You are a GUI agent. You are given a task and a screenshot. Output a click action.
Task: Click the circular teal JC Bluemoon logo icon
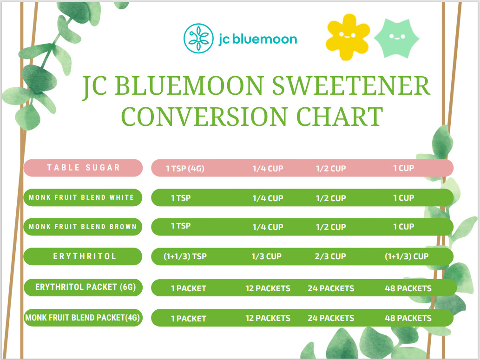198,39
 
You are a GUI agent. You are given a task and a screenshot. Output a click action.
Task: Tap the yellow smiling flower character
348,37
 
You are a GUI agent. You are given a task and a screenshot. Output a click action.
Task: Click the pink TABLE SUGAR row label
83,168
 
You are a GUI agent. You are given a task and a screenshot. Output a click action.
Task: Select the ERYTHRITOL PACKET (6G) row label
85,287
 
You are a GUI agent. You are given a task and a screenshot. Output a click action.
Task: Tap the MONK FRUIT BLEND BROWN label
83,227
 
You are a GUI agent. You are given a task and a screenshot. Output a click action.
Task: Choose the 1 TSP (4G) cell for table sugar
185,169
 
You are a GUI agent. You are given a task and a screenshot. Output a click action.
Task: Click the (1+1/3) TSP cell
185,256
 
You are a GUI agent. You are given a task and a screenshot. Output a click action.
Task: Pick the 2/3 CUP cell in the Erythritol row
331,256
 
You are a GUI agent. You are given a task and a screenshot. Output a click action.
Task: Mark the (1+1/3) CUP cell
407,256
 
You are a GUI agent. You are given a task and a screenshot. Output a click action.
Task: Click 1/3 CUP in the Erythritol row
267,256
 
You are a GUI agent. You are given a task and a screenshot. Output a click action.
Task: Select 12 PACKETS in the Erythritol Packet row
268,288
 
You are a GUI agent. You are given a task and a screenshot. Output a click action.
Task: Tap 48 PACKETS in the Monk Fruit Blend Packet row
408,318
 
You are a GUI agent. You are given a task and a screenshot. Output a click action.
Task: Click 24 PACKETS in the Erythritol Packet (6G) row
331,288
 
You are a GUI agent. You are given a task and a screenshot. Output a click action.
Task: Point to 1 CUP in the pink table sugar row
403,168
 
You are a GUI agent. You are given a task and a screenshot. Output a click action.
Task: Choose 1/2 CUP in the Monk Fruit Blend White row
331,198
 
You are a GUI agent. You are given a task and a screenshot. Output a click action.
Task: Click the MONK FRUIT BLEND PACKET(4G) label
83,318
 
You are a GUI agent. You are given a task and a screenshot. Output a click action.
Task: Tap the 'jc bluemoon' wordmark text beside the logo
257,39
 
